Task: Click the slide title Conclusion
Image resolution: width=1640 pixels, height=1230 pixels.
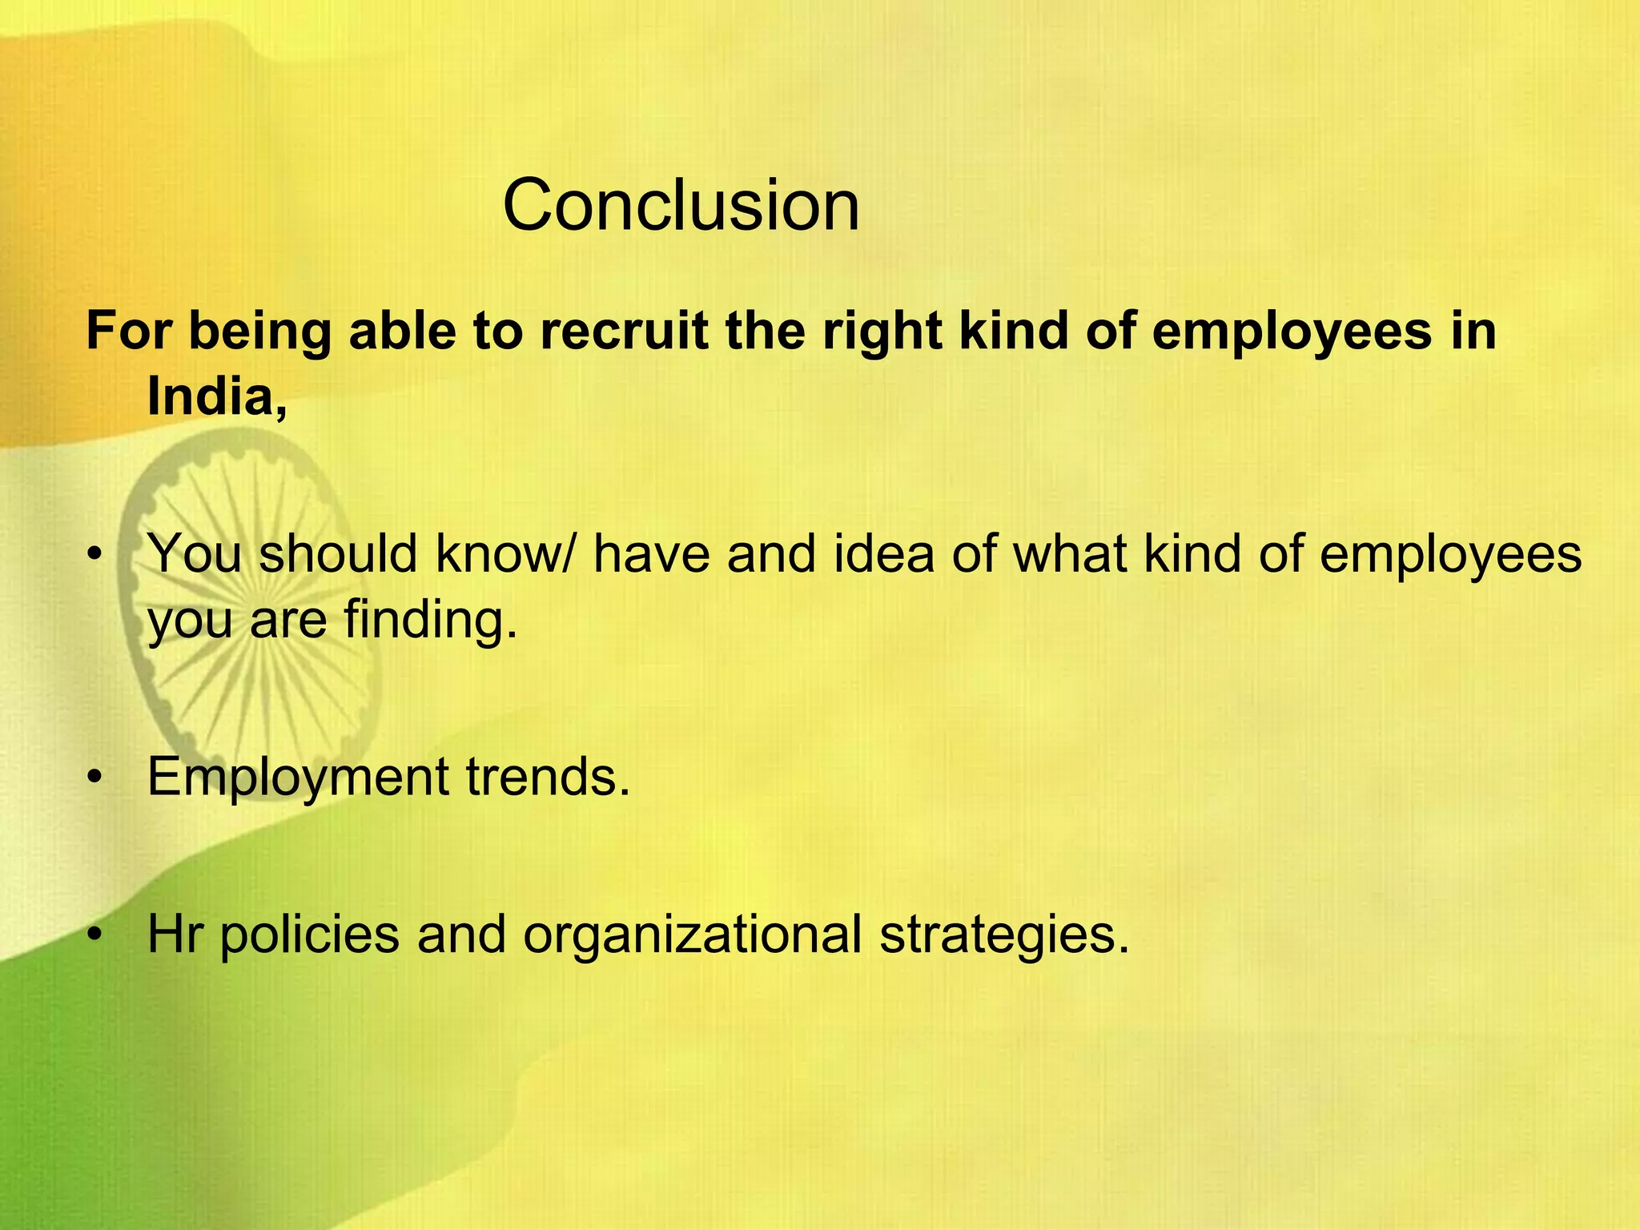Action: click(x=681, y=206)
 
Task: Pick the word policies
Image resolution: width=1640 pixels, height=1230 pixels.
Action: click(x=309, y=934)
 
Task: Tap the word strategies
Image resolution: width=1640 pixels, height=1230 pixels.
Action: click(x=1004, y=934)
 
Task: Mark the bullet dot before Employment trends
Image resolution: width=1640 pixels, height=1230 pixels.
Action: click(x=96, y=778)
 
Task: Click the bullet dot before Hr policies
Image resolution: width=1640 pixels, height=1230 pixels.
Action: click(x=96, y=935)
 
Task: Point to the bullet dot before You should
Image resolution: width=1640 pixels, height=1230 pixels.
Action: click(x=96, y=555)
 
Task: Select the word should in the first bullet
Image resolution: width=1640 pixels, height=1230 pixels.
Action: click(x=338, y=553)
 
